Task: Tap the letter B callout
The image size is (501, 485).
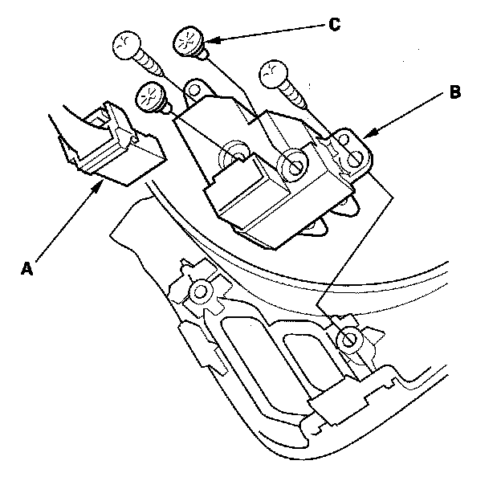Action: (x=454, y=92)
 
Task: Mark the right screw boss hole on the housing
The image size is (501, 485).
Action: (x=348, y=340)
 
